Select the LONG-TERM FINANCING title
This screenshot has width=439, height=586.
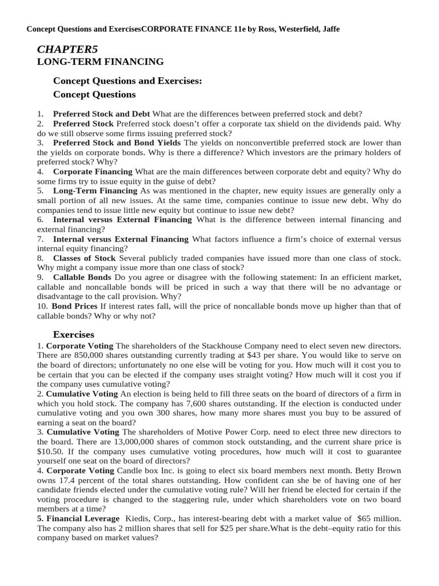click(101, 62)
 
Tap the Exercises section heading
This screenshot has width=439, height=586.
click(74, 334)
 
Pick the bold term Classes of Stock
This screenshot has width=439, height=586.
click(85, 258)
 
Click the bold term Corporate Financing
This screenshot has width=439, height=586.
click(93, 172)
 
